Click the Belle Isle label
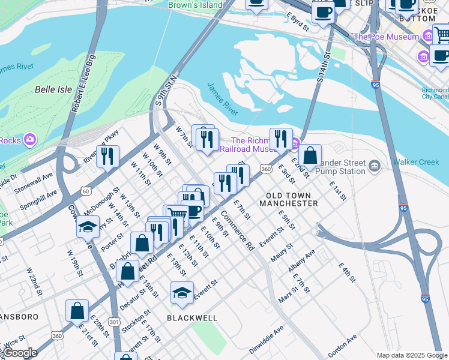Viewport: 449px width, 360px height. pos(53,89)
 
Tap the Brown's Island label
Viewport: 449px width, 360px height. pos(195,5)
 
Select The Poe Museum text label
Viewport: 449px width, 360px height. pos(386,37)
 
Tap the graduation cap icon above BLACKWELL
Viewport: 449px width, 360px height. pos(182,293)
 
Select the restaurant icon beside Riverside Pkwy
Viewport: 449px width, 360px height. pos(107,157)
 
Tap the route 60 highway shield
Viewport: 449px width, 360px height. pos(86,191)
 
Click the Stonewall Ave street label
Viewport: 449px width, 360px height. pos(35,179)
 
